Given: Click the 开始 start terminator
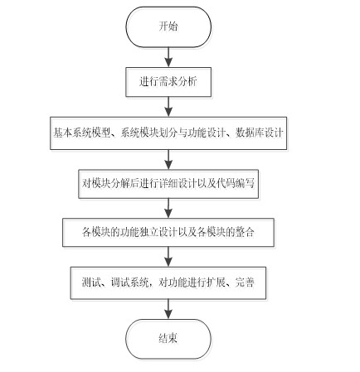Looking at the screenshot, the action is [x=168, y=27].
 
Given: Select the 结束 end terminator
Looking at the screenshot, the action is [x=168, y=339].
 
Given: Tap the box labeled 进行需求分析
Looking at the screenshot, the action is [x=168, y=82].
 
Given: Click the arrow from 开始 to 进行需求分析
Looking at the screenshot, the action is [x=168, y=57].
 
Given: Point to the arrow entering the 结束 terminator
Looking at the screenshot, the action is [x=168, y=309].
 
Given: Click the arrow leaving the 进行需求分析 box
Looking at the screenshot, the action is [x=168, y=107].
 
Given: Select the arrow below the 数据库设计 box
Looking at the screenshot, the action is [x=168, y=160].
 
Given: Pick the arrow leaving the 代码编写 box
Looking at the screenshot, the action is [x=168, y=208].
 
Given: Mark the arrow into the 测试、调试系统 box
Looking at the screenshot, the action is [x=168, y=257].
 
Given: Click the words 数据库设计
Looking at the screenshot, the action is [x=260, y=133].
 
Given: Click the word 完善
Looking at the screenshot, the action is [x=245, y=283].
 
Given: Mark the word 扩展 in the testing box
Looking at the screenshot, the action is [x=216, y=283].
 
